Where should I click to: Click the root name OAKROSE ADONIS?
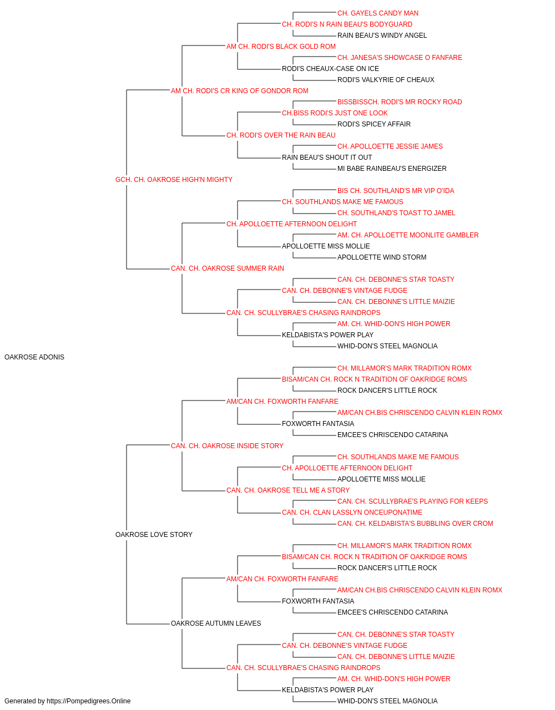[x=34, y=357]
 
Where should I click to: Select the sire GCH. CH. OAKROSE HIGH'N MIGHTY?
[x=174, y=180]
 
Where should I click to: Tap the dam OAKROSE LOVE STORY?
[x=154, y=535]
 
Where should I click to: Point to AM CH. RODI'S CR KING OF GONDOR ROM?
[x=240, y=91]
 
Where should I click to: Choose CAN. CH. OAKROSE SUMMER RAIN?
[x=228, y=268]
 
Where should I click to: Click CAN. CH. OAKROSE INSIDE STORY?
[x=227, y=445]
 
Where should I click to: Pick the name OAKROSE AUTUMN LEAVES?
[x=216, y=623]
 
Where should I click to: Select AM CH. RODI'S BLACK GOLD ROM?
[x=281, y=47]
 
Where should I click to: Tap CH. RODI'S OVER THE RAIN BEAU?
[x=281, y=135]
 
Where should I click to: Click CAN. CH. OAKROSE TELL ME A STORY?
[x=288, y=490]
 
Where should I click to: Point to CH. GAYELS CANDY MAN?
[x=378, y=13]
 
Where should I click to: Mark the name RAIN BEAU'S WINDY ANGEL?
[x=382, y=35]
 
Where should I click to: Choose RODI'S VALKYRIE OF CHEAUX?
[x=386, y=80]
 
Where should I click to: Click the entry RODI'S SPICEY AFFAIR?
[x=374, y=124]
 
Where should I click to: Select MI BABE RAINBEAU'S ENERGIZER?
[x=392, y=169]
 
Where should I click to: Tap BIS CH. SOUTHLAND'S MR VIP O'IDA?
[x=396, y=191]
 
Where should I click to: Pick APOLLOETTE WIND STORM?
[x=382, y=257]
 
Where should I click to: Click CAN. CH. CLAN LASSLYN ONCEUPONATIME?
[x=352, y=513]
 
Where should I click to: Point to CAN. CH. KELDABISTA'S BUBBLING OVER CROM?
[x=415, y=524]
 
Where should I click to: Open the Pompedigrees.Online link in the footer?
[x=88, y=701]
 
